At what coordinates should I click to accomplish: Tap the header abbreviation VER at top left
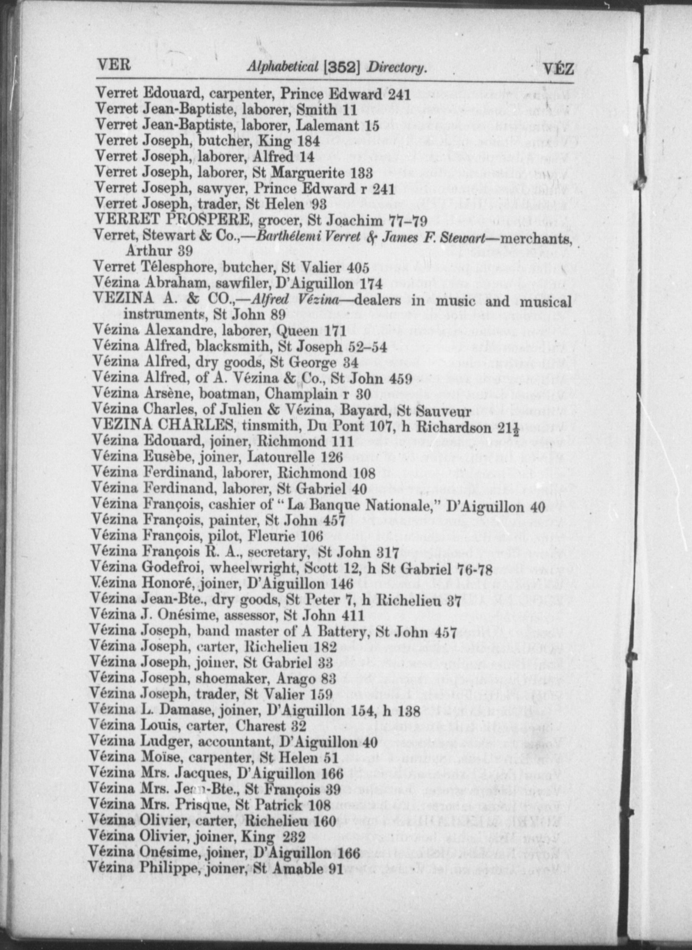[x=114, y=65]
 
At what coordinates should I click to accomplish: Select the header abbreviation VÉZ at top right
[x=559, y=68]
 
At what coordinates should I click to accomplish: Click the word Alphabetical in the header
[x=282, y=66]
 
